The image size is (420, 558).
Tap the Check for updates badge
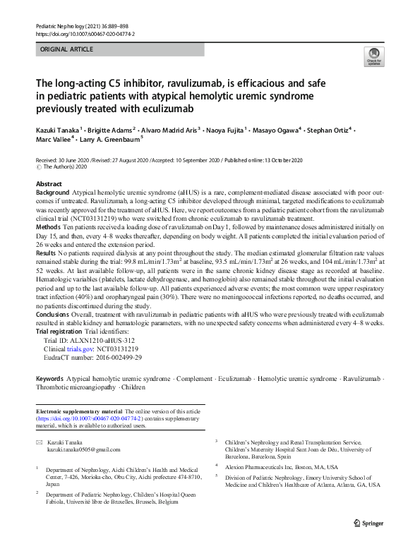(372, 56)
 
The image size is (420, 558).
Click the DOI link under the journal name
(84, 33)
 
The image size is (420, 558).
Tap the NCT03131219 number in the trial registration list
(121, 348)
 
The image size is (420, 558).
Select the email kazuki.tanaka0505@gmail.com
(84, 449)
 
